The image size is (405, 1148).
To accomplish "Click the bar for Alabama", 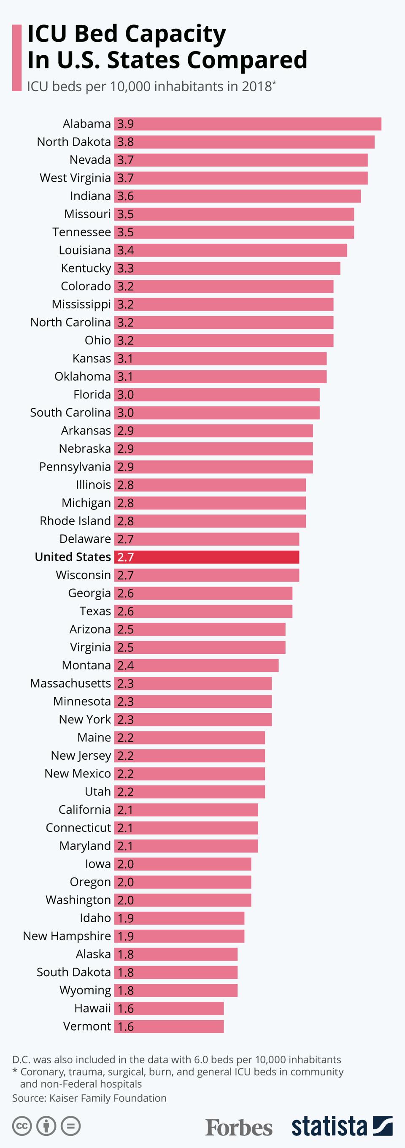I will click(248, 124).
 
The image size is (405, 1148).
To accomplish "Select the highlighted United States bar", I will click(207, 557).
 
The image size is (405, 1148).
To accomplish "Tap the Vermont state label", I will click(87, 1026).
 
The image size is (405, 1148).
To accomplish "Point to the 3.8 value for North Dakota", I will click(125, 142).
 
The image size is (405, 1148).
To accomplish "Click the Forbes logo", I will click(239, 1127).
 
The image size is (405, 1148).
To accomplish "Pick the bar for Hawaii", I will click(169, 1009).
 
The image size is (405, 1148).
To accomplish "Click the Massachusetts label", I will click(70, 683).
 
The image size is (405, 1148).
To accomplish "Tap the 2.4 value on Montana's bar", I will click(125, 665).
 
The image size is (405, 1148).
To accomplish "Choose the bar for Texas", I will click(203, 611).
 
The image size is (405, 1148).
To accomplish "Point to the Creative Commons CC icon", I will click(22, 1126).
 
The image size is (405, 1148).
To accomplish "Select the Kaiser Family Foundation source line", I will click(89, 1098).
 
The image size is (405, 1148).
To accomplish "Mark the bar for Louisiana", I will click(230, 250).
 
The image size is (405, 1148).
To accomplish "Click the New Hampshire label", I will click(67, 936).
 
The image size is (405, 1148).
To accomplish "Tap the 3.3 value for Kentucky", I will click(125, 268).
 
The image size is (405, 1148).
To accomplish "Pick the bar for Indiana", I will click(238, 196).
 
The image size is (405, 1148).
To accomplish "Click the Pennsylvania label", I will click(75, 467).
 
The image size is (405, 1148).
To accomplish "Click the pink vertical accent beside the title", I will click(17, 58).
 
